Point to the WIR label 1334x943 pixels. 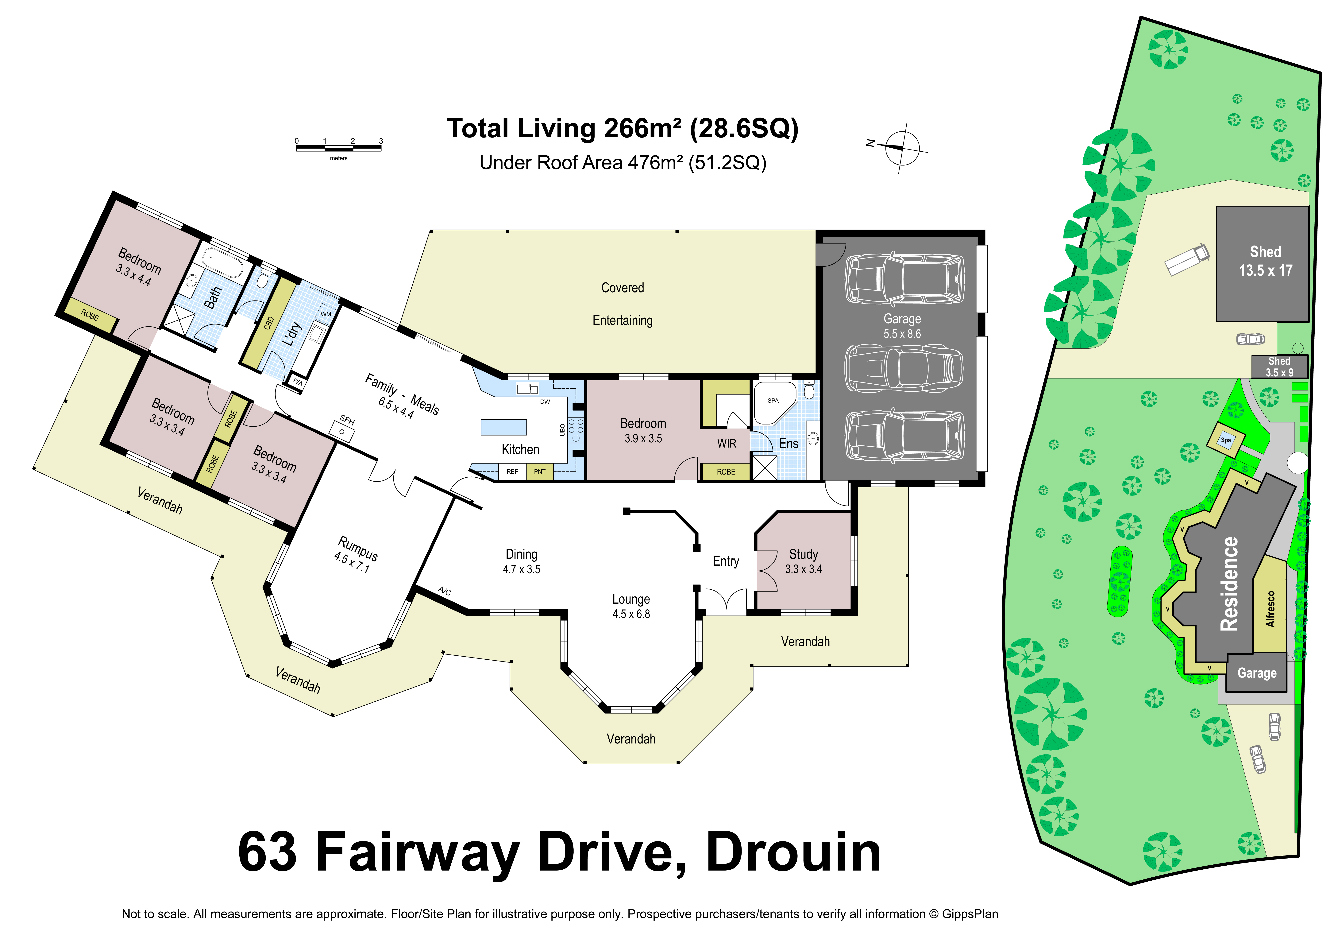tap(726, 444)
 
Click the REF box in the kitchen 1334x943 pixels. tap(512, 471)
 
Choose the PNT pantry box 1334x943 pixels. tap(540, 471)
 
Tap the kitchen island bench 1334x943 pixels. tap(504, 427)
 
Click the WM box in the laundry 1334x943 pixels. tap(326, 314)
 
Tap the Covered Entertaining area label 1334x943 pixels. tap(622, 304)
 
